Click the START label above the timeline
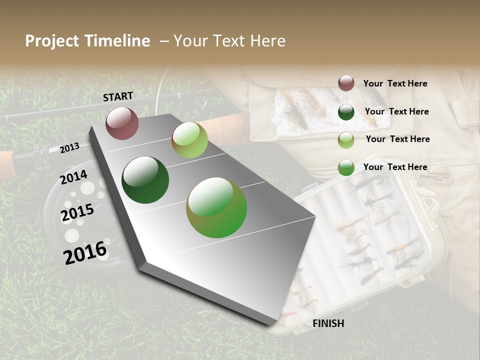pos(118,96)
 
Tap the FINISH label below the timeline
pos(328,323)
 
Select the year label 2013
pos(69,147)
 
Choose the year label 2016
pos(85,252)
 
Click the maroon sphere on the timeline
pos(122,123)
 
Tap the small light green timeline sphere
pos(189,140)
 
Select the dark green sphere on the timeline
pos(145,180)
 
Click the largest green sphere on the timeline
pos(216,207)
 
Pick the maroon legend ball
pos(346,83)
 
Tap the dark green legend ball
pos(346,112)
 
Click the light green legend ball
pos(346,140)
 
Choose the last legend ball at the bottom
pos(346,168)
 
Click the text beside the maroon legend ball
pos(395,83)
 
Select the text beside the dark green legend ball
pos(396,111)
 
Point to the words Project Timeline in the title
pos(87,41)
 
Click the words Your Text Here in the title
pos(229,41)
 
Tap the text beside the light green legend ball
pos(397,139)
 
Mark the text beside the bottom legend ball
pos(395,167)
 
